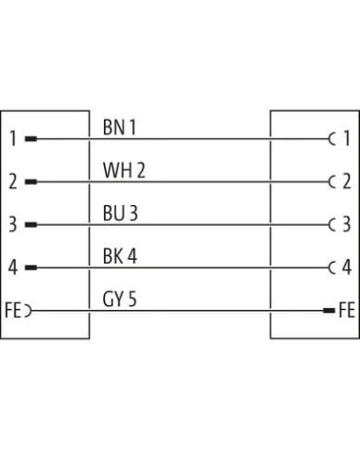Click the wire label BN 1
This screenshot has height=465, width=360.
click(x=119, y=128)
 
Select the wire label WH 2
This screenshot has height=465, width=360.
click(x=124, y=170)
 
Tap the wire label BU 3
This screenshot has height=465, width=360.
click(x=120, y=214)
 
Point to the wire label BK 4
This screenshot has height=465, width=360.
click(x=120, y=256)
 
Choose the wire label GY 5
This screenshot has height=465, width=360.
click(x=120, y=299)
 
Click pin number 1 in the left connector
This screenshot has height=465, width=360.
click(x=13, y=139)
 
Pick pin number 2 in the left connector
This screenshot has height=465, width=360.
click(x=13, y=181)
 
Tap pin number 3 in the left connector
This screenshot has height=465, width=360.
click(x=13, y=225)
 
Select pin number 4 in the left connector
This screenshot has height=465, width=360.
click(x=13, y=267)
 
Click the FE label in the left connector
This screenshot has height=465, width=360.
click(x=13, y=310)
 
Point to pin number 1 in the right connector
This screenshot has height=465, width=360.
click(x=347, y=139)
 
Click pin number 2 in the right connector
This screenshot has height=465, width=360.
click(x=347, y=181)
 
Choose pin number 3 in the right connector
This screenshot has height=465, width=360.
click(x=347, y=225)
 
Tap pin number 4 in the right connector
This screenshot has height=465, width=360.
click(x=347, y=267)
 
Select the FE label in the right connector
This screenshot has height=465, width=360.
click(x=347, y=310)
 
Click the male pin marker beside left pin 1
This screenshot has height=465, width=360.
click(x=31, y=139)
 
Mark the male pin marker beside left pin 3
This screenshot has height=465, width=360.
click(x=31, y=225)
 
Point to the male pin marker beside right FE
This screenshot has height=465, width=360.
click(x=329, y=311)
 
